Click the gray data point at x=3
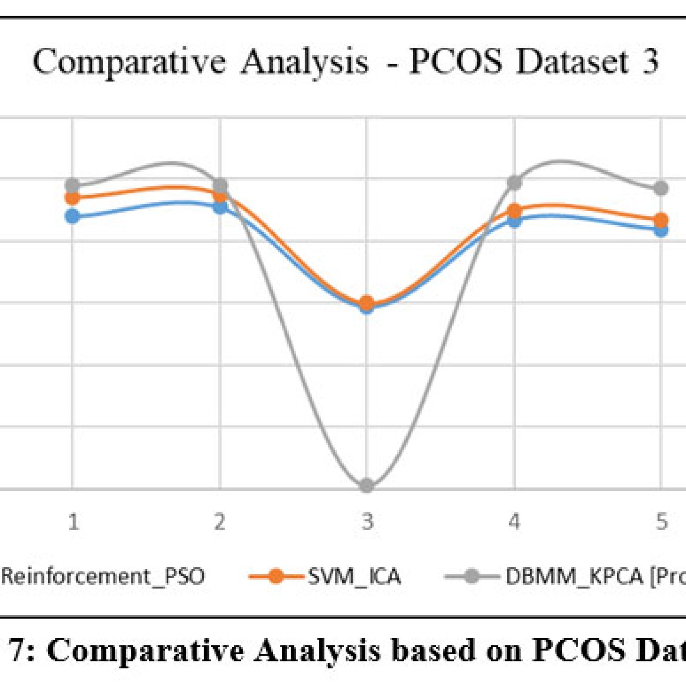367,485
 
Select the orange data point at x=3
367,303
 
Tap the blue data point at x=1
72,217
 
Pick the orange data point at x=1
72,198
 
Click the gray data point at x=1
72,185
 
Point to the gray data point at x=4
514,182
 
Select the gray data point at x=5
661,188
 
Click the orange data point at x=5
661,220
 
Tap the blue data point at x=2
220,207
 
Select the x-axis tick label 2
220,522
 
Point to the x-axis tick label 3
367,522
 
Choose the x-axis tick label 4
514,522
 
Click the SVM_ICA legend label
354,577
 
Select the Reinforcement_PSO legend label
103,577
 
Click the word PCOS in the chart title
456,61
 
